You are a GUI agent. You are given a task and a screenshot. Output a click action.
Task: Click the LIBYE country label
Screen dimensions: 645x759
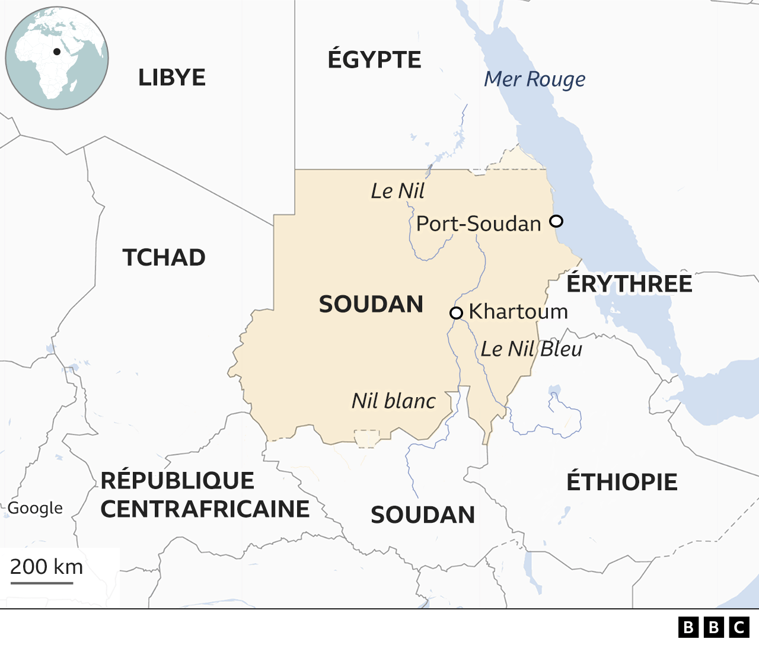pyautogui.click(x=172, y=78)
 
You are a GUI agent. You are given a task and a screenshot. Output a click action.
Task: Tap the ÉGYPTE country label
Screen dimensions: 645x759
pyautogui.click(x=374, y=60)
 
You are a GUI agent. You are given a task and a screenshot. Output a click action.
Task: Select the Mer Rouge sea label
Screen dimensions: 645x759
pyautogui.click(x=534, y=79)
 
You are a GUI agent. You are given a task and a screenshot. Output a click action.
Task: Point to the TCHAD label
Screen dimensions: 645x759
pyautogui.click(x=164, y=258)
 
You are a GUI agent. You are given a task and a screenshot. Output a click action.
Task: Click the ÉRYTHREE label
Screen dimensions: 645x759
pyautogui.click(x=629, y=284)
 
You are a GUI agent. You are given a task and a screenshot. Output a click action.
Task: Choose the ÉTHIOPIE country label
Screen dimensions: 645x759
pyautogui.click(x=622, y=482)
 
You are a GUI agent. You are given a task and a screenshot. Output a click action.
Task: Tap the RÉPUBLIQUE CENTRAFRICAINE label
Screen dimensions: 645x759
pyautogui.click(x=205, y=495)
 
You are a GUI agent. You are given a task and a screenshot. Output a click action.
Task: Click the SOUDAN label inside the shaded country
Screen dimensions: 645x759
pyautogui.click(x=371, y=305)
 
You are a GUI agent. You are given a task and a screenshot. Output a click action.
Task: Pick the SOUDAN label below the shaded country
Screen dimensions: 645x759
pyautogui.click(x=423, y=515)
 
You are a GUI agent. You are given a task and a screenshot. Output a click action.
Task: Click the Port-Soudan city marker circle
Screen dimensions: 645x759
pyautogui.click(x=556, y=221)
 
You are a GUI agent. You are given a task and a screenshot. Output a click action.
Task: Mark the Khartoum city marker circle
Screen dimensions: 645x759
pyautogui.click(x=456, y=313)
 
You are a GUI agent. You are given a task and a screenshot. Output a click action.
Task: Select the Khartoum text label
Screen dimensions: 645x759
pyautogui.click(x=518, y=312)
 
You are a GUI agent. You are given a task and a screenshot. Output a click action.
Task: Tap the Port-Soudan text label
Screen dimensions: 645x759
pyautogui.click(x=479, y=224)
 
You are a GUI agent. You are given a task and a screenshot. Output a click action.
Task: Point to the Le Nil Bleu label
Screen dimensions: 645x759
pyautogui.click(x=531, y=349)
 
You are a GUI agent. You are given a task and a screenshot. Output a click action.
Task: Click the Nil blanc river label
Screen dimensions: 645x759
pyautogui.click(x=394, y=401)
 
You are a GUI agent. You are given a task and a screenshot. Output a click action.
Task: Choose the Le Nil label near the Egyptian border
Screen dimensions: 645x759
pyautogui.click(x=398, y=191)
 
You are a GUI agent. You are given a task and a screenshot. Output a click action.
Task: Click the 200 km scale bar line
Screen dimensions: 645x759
pyautogui.click(x=42, y=583)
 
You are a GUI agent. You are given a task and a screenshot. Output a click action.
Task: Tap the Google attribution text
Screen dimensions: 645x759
pyautogui.click(x=35, y=509)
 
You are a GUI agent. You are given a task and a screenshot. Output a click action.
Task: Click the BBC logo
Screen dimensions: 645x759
pyautogui.click(x=713, y=627)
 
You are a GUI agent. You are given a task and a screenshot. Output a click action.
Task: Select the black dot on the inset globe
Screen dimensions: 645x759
pyautogui.click(x=57, y=52)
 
